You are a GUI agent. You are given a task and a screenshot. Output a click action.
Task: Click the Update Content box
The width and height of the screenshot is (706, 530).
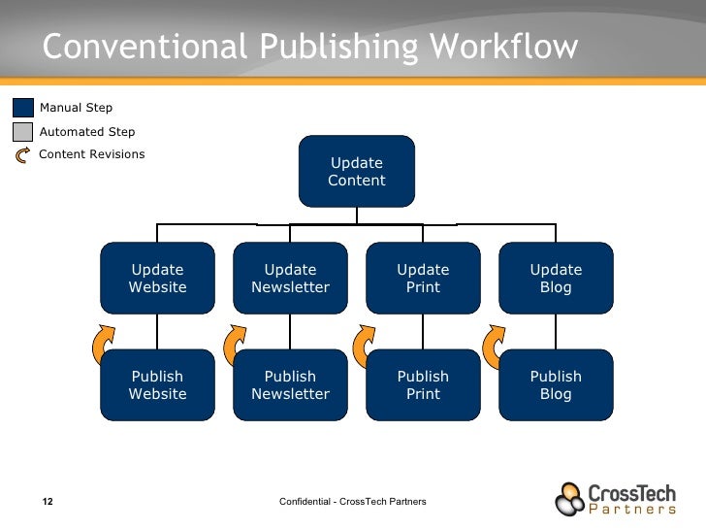(x=357, y=172)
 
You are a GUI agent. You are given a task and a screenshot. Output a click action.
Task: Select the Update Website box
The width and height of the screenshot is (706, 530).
(x=157, y=279)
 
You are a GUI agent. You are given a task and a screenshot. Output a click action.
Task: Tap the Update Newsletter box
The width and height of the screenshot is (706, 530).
(x=290, y=279)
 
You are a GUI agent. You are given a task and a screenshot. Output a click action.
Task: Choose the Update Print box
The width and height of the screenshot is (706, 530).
(x=423, y=279)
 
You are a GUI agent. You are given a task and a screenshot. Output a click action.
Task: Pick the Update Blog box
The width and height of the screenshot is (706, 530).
(x=556, y=279)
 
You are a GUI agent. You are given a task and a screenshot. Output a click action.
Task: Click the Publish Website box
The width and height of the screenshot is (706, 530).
(x=157, y=385)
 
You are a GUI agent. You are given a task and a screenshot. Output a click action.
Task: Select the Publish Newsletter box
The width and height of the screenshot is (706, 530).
(x=290, y=385)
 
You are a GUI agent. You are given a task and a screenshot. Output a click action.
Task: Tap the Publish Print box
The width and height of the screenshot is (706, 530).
(x=423, y=385)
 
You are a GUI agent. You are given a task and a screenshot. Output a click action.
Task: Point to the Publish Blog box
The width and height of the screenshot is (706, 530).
(x=556, y=385)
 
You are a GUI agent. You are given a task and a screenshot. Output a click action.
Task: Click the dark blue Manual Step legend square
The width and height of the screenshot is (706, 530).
(x=23, y=108)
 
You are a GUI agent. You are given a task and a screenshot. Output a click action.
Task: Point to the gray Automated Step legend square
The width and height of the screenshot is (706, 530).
(x=23, y=131)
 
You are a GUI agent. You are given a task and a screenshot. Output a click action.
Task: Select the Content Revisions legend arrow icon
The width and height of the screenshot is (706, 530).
(x=23, y=154)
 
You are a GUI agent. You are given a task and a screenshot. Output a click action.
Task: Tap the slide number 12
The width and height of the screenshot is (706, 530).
(x=47, y=502)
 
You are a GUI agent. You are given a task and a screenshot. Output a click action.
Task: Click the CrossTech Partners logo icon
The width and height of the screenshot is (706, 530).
(x=570, y=498)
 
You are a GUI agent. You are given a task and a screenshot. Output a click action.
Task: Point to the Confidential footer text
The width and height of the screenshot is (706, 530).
(x=352, y=501)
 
